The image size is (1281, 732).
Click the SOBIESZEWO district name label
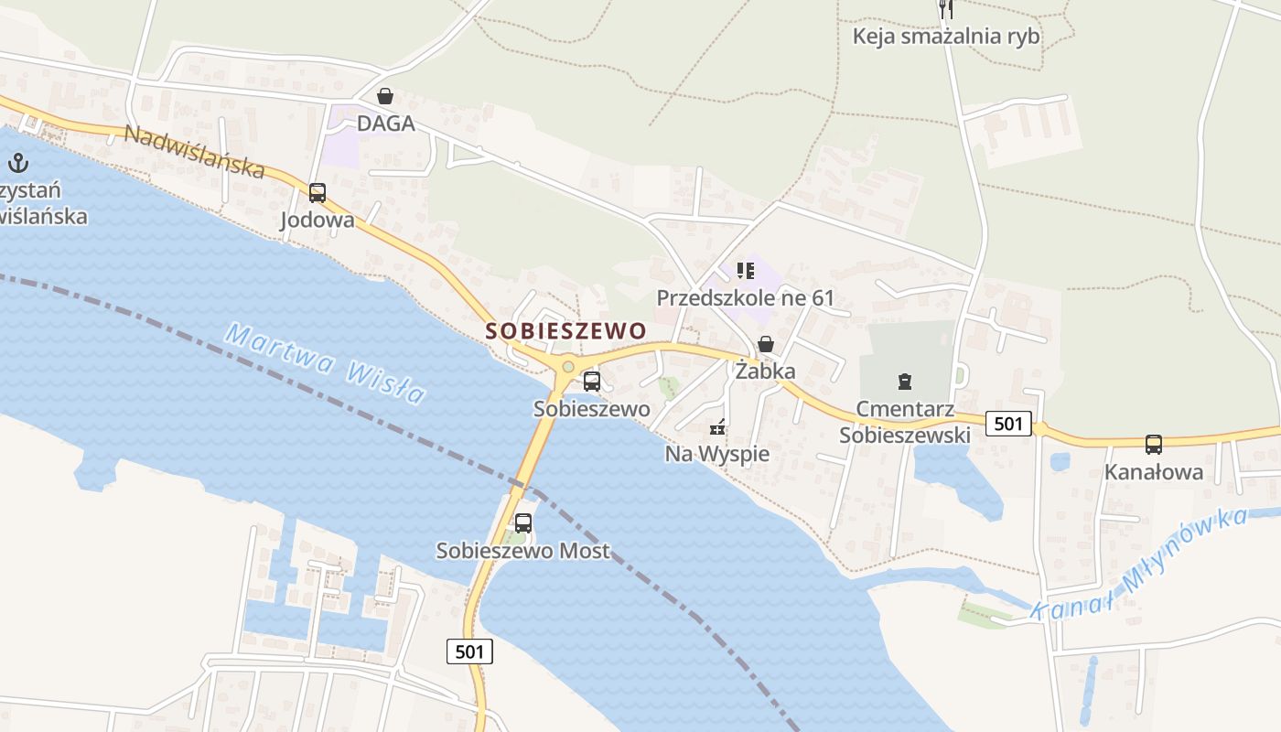(x=565, y=330)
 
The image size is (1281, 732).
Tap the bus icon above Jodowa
(x=318, y=193)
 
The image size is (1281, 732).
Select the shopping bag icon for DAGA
(x=385, y=96)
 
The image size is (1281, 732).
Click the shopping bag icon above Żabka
(x=765, y=345)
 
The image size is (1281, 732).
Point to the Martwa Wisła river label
(x=326, y=362)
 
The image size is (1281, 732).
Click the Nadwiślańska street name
(x=194, y=152)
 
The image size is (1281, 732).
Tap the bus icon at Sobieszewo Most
(x=523, y=523)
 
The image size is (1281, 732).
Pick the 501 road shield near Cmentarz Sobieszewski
(x=1008, y=424)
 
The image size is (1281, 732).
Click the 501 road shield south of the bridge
(x=469, y=651)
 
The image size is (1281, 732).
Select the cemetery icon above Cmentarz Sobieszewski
(x=905, y=381)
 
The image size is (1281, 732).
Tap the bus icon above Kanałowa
(x=1154, y=445)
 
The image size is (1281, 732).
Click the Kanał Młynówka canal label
(x=1138, y=565)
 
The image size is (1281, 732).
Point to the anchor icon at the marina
(x=17, y=164)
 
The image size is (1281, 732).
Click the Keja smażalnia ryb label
(x=946, y=37)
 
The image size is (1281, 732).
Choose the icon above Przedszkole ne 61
(x=745, y=271)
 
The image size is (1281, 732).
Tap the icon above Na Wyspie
(x=718, y=427)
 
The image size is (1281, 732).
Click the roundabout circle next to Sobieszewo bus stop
(x=568, y=367)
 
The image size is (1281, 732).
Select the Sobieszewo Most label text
(x=522, y=551)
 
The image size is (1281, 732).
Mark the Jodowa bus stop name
(x=317, y=220)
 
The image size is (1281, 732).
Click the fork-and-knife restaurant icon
(x=946, y=9)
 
